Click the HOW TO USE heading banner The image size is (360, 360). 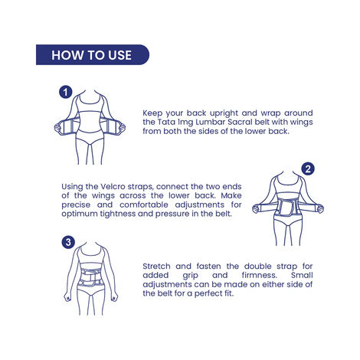(91, 55)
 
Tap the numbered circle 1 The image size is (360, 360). (66, 93)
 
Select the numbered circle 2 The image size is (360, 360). (308, 169)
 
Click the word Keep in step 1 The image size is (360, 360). (153, 113)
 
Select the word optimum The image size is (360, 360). (80, 214)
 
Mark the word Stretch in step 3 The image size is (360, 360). (159, 266)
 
